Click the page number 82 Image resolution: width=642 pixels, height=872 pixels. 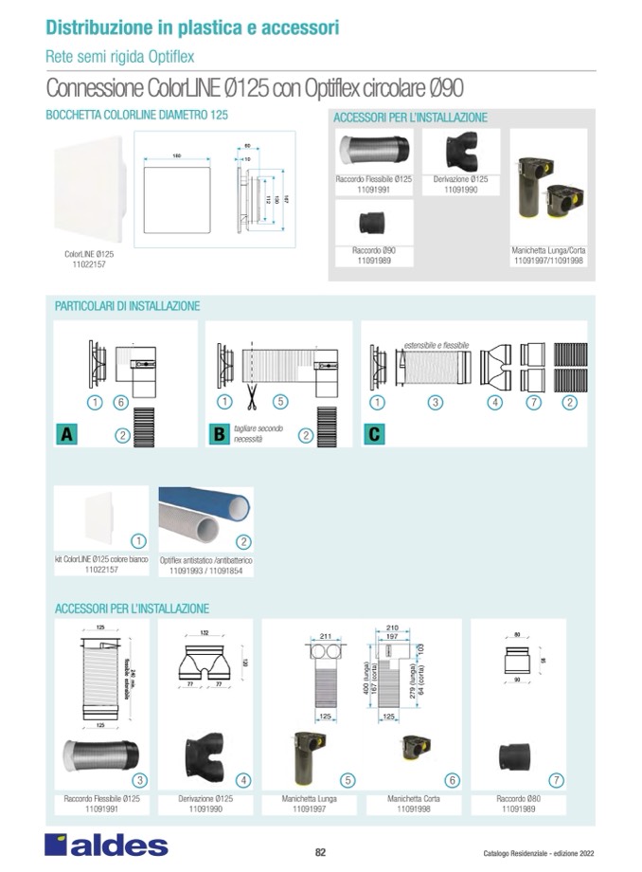[x=320, y=852]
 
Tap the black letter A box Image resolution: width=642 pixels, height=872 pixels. [x=66, y=435]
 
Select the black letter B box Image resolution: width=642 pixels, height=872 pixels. [x=218, y=435]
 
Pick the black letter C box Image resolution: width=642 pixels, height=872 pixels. [x=374, y=435]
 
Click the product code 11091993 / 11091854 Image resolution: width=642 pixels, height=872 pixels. [x=205, y=572]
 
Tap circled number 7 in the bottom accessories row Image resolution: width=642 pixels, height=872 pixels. [x=557, y=780]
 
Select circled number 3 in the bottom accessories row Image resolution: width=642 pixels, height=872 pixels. [x=138, y=780]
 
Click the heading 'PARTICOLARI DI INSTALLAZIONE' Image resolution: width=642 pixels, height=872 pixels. [x=128, y=307]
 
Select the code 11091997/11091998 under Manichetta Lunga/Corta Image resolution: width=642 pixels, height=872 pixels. [x=549, y=259]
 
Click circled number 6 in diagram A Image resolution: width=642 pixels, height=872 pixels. [x=120, y=402]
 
